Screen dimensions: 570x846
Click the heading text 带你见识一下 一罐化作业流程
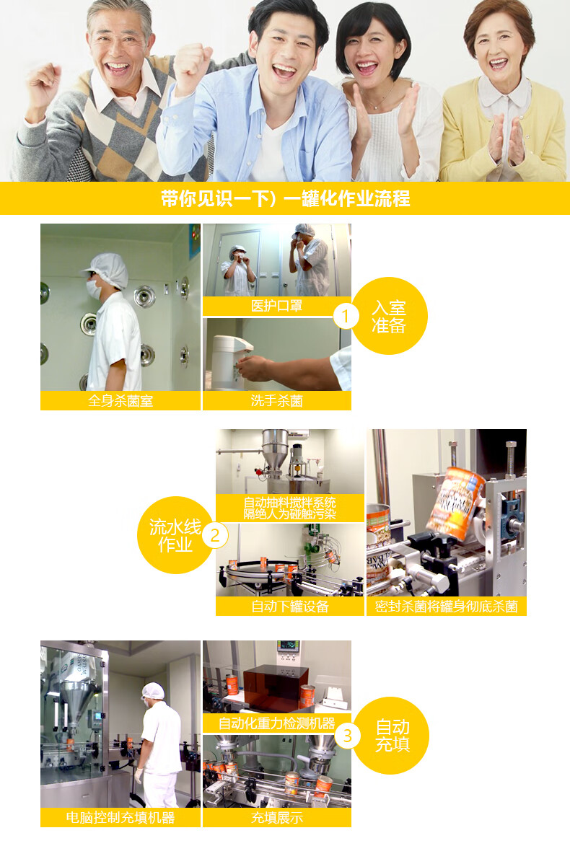[x=285, y=198]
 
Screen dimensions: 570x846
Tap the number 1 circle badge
[x=346, y=316]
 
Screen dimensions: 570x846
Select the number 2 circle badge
[x=215, y=536]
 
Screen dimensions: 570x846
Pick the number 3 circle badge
[x=348, y=736]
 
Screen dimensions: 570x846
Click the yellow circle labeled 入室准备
[x=389, y=316]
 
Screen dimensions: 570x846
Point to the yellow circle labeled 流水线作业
[x=175, y=535]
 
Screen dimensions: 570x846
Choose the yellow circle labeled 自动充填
[x=392, y=736]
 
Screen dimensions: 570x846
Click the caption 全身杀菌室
[x=120, y=401]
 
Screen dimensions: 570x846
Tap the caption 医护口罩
[x=276, y=306]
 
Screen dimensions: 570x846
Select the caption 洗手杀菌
[x=277, y=401]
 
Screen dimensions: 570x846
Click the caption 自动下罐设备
[x=290, y=607]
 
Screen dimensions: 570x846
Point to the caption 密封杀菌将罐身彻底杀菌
[x=447, y=607]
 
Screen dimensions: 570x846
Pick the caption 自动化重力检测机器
[x=276, y=723]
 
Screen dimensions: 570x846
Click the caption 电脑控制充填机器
[x=120, y=817]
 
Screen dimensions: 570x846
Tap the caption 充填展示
[x=277, y=817]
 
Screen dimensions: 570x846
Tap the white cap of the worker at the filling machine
[x=153, y=691]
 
